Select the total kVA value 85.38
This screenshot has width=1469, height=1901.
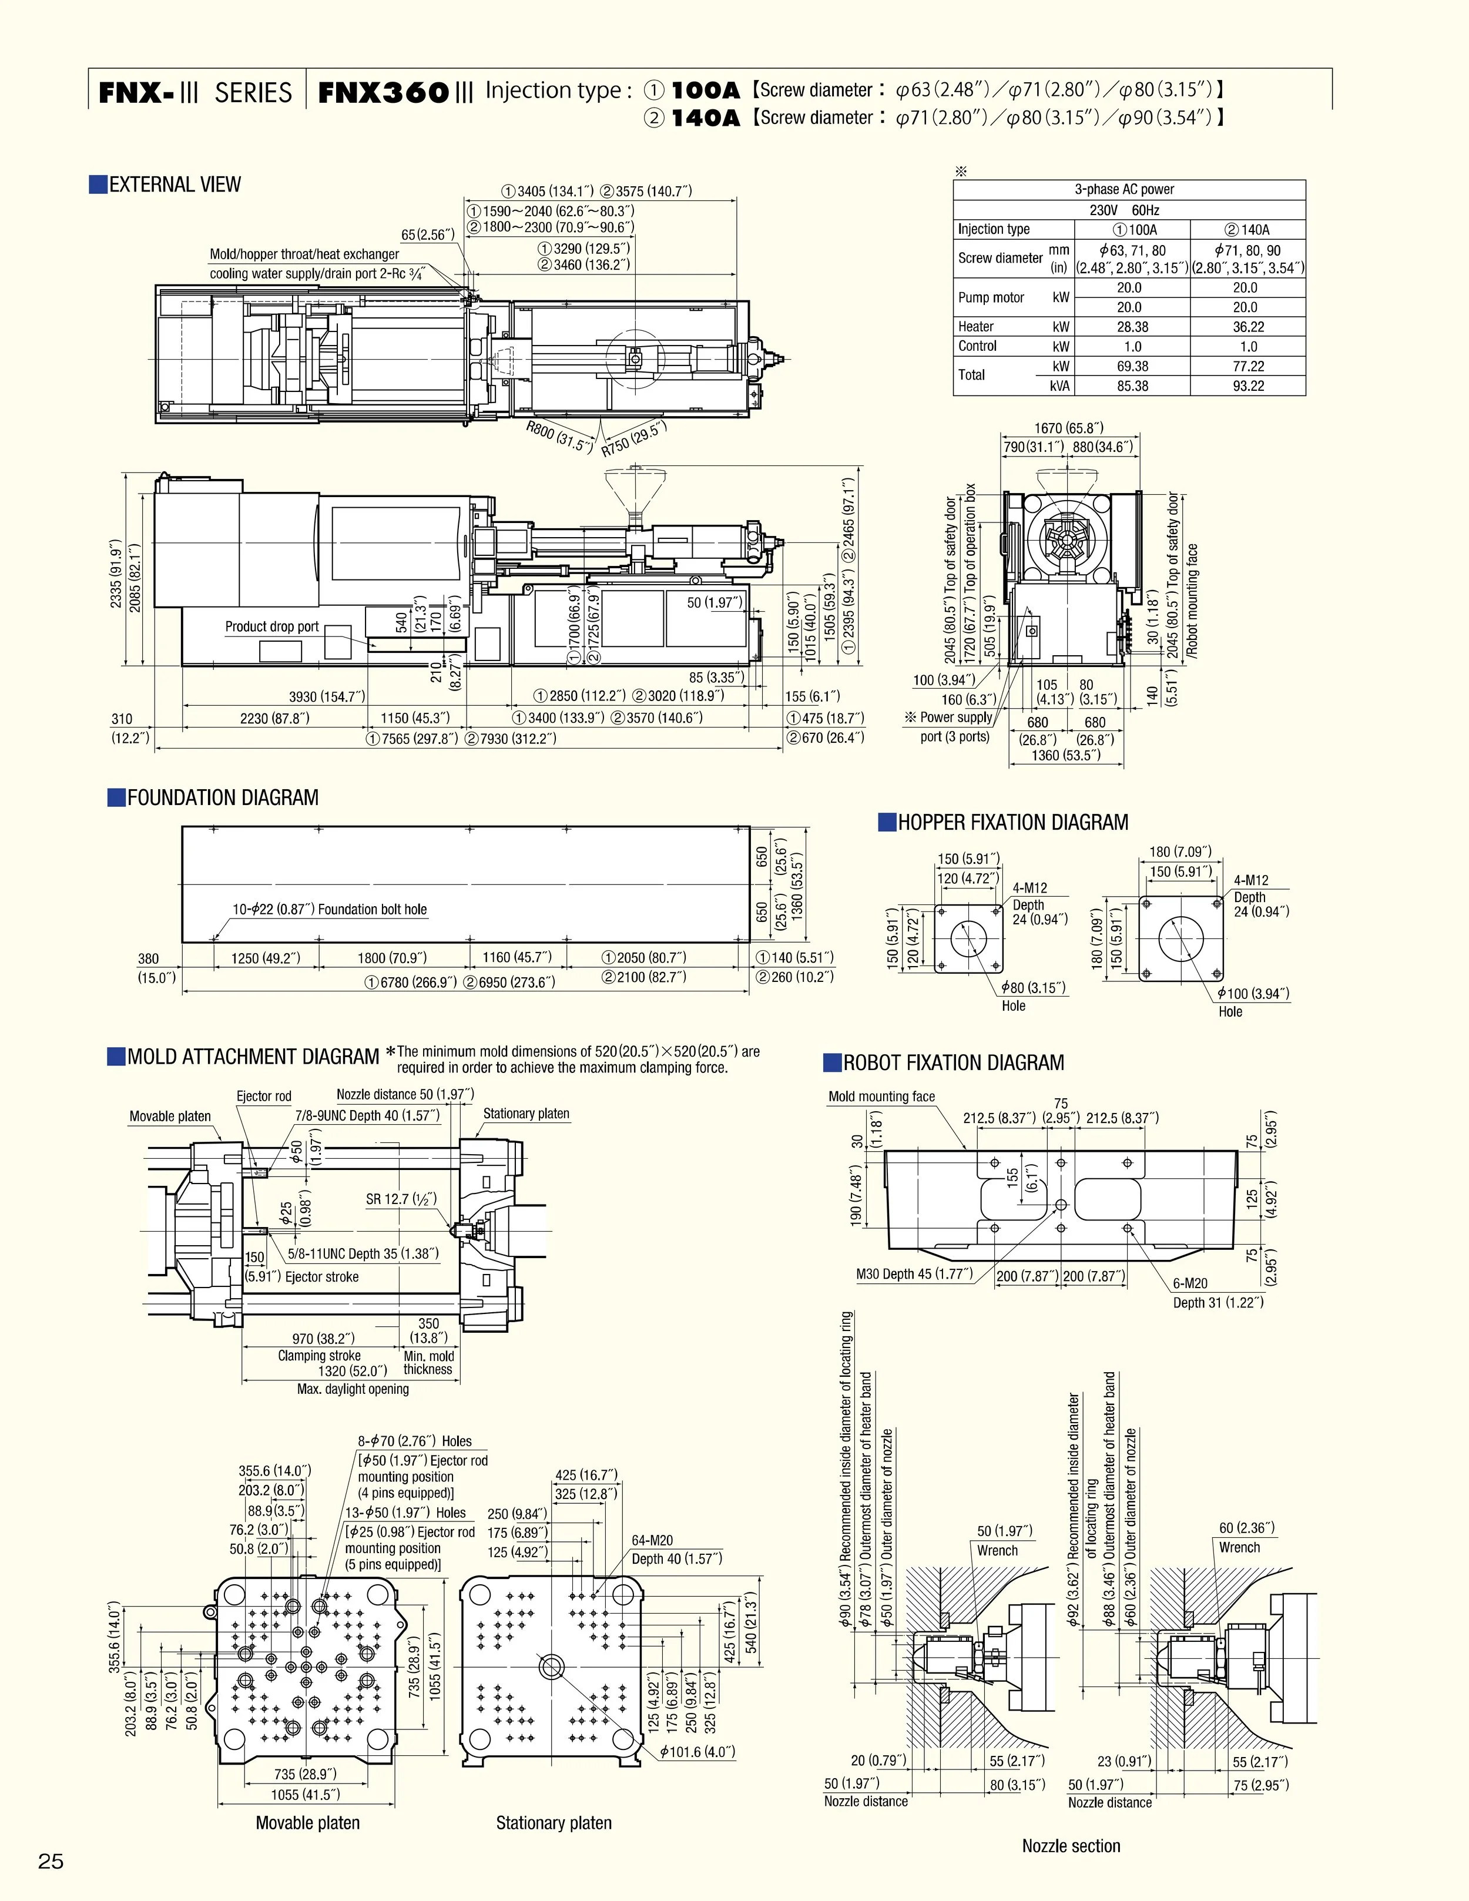tap(1132, 385)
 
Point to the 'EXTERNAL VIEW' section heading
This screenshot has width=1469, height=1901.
tap(174, 185)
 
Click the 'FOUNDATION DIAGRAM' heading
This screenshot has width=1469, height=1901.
tap(222, 797)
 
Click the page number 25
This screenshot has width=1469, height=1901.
tap(51, 1862)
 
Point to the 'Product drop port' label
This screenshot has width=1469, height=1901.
tap(271, 626)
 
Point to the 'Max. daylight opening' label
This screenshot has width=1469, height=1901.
tap(353, 1389)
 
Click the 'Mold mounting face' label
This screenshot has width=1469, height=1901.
tap(881, 1097)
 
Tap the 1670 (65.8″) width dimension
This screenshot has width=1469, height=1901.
tap(1069, 428)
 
